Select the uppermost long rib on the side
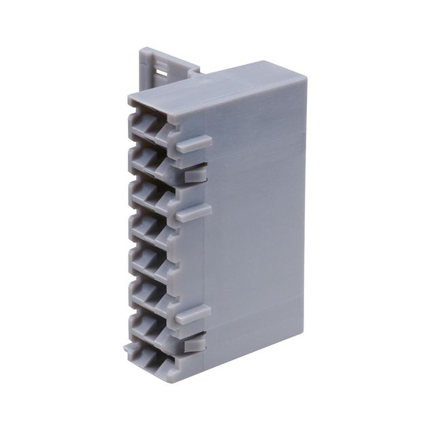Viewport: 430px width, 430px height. [x=193, y=144]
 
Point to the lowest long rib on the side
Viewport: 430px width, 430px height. [x=193, y=314]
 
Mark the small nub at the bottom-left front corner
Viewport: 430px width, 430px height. [x=129, y=348]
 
